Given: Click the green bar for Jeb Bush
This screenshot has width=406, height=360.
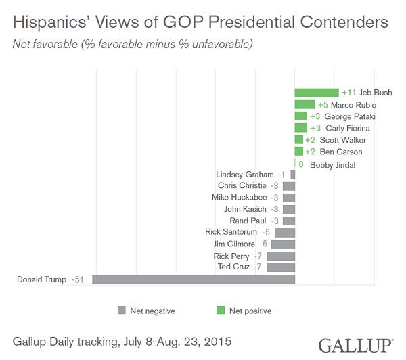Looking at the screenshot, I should (x=316, y=93).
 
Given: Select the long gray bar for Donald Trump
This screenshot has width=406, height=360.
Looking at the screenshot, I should (x=194, y=279).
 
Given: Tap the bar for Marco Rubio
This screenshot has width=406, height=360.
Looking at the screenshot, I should (x=304, y=105).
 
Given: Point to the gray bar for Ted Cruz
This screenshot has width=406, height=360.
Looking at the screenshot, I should (x=281, y=267).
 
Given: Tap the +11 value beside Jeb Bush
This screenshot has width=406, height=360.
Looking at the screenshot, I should (x=349, y=93).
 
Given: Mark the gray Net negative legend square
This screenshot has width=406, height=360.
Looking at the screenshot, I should (x=122, y=311).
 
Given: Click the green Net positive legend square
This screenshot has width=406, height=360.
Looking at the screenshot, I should (x=219, y=311).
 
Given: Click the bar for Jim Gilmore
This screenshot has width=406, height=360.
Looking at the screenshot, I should (x=283, y=244).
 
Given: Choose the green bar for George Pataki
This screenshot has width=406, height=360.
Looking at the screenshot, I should (x=300, y=116).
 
